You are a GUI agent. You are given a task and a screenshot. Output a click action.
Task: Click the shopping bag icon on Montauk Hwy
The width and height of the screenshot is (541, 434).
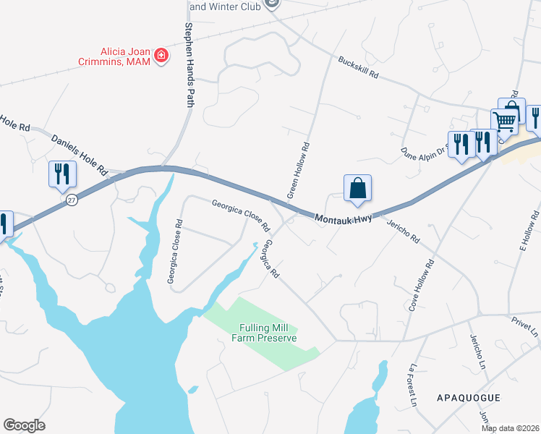[357, 190]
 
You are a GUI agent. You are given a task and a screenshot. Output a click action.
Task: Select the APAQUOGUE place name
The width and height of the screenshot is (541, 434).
[469, 398]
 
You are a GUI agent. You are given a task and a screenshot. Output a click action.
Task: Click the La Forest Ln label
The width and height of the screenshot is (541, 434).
[414, 384]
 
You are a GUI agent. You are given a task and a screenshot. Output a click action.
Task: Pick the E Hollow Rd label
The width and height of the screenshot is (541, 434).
[529, 231]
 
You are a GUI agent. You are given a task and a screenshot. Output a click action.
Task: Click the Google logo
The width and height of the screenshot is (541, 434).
[24, 425]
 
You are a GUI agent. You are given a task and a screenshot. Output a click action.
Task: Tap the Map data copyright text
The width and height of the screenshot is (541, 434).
[510, 428]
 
